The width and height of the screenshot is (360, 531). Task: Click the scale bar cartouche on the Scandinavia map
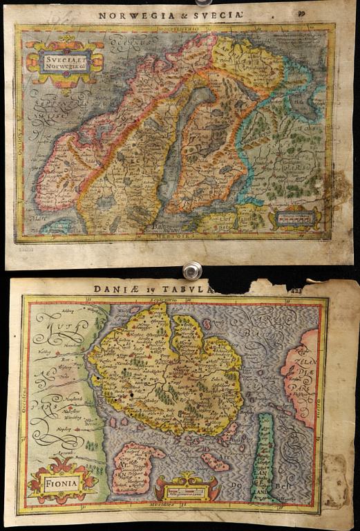[294, 217]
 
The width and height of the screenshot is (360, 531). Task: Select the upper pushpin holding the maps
[200, 3]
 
